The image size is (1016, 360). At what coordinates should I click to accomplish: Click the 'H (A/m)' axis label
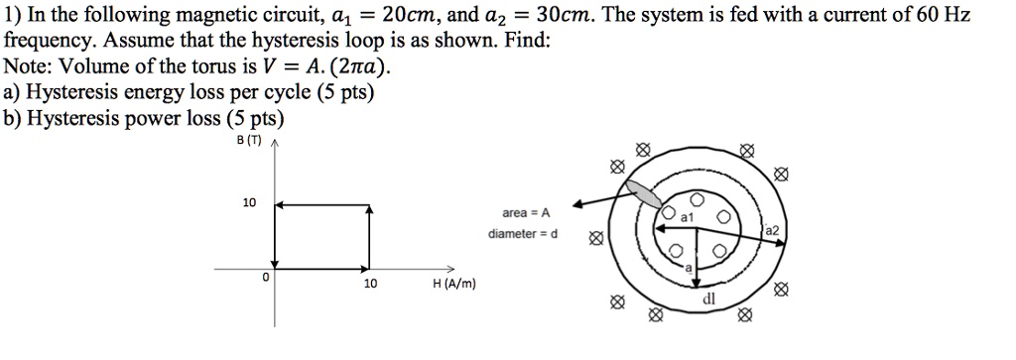point(455,284)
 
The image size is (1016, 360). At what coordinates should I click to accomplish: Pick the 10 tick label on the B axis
point(248,203)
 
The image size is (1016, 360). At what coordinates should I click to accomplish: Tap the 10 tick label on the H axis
point(370,284)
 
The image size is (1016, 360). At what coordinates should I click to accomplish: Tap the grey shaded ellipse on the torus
point(646,193)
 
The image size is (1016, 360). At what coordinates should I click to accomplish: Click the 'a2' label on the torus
point(773,230)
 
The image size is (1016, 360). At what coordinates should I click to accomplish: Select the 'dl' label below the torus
point(708,298)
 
